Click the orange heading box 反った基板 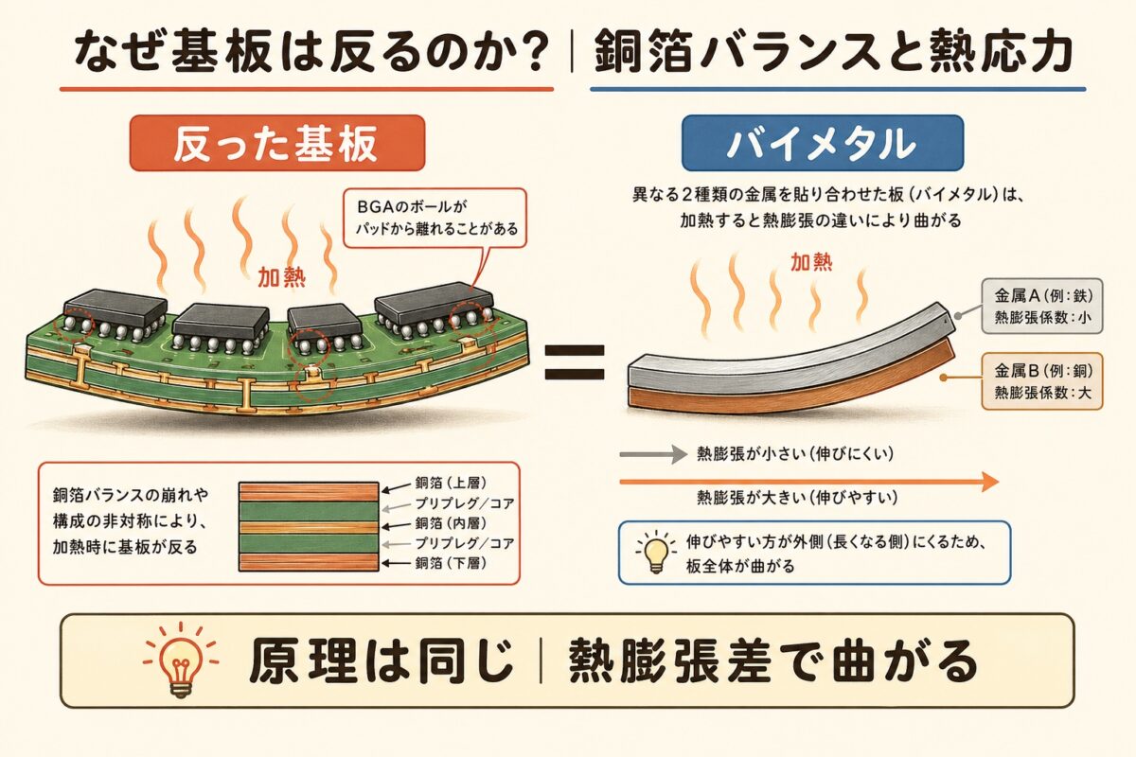(276, 143)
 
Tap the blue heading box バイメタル (821, 144)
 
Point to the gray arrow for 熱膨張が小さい (651, 454)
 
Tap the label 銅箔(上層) (447, 483)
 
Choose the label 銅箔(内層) (447, 523)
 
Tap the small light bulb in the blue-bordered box (652, 552)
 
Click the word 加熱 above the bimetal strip (812, 261)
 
